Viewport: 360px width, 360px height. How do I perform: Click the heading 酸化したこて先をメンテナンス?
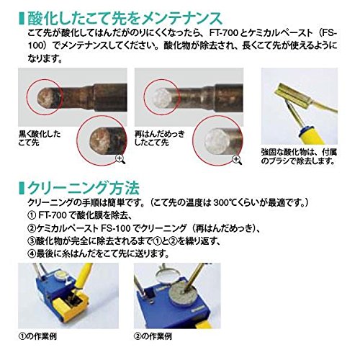(125, 18)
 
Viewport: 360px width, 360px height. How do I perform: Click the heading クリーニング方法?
(84, 188)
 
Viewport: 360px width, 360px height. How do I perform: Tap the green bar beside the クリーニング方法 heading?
(22, 188)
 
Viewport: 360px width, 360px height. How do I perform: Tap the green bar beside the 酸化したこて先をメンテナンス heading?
(22, 18)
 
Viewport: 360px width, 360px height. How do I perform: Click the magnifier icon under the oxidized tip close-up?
(120, 159)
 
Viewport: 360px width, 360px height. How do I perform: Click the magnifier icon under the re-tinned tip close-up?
(238, 160)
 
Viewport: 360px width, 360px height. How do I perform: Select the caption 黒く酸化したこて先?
(40, 138)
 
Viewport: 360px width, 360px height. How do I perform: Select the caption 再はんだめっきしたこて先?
(159, 138)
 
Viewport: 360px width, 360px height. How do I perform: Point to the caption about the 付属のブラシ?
(299, 156)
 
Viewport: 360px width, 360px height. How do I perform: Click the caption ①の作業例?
(37, 336)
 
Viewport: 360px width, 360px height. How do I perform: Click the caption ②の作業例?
(153, 336)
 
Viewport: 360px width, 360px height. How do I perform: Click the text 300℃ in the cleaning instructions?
(223, 203)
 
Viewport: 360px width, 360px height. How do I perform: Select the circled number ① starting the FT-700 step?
(32, 215)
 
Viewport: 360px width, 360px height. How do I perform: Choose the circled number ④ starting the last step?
(32, 253)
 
